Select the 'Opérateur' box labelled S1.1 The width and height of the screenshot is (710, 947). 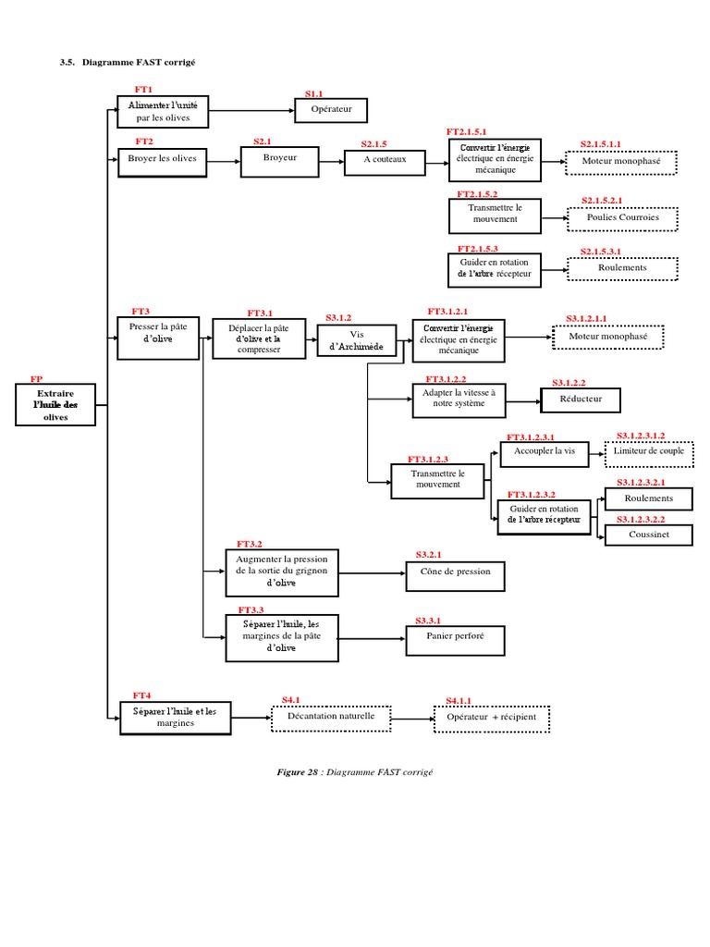coord(330,110)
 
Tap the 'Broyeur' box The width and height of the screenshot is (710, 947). coord(279,162)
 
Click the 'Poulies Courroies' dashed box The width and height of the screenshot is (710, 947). coord(622,218)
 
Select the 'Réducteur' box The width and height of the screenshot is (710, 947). coord(581,400)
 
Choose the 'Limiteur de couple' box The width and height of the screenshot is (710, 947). coord(648,451)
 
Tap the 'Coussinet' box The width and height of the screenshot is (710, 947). coord(648,535)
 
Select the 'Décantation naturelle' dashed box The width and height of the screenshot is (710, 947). coord(331,719)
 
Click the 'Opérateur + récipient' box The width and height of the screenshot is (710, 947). coord(492,719)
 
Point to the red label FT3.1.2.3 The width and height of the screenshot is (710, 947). coord(427,459)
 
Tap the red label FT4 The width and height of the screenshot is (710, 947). coord(141,695)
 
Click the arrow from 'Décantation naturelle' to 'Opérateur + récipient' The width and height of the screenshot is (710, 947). coord(411,719)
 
